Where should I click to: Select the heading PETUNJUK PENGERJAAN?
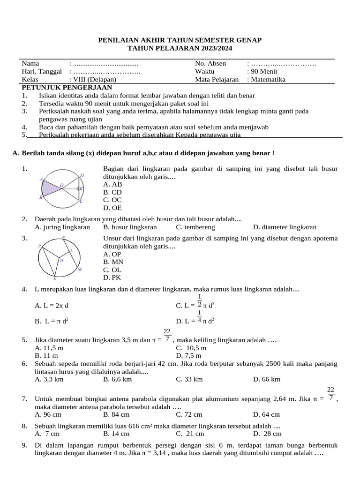pyautogui.click(x=67, y=87)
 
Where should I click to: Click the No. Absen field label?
pyautogui.click(x=210, y=63)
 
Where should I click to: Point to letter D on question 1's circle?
pyautogui.click(x=82, y=176)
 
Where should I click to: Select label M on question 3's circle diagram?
pyautogui.click(x=80, y=270)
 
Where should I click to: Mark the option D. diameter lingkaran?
pyautogui.click(x=285, y=227)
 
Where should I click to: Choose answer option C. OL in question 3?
pyautogui.click(x=112, y=270)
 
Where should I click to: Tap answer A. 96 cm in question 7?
pyautogui.click(x=48, y=414)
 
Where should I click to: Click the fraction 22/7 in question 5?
pyautogui.click(x=167, y=335)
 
